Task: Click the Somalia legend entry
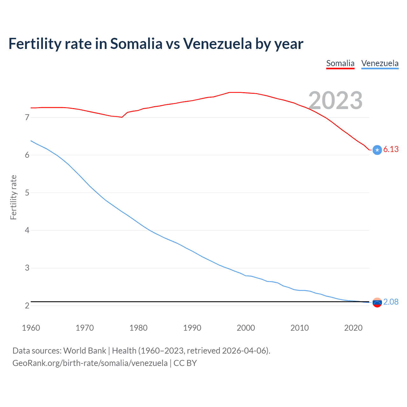point(340,63)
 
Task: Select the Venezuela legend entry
point(380,63)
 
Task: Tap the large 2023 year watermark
point(335,100)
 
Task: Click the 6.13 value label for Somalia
point(391,149)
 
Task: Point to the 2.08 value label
point(391,302)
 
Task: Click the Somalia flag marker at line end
point(377,150)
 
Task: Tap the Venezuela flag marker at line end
point(377,302)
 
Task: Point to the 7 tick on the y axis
point(27,117)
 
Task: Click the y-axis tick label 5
point(27,193)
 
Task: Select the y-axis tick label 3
point(27,268)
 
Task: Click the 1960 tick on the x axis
point(31,328)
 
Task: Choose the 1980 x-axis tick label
point(138,328)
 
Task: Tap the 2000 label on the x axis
point(246,328)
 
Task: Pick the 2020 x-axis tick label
point(353,328)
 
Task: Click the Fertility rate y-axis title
point(13,197)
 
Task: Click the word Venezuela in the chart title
point(217,44)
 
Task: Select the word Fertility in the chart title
point(35,44)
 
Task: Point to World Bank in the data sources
point(85,351)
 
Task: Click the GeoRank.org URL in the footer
point(90,363)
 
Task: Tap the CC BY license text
point(185,363)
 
